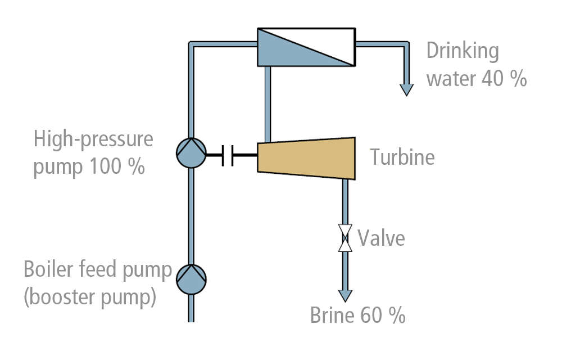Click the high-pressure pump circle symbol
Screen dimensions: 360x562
pyautogui.click(x=191, y=153)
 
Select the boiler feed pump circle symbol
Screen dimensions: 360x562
pyautogui.click(x=191, y=278)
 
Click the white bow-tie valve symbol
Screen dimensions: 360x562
pyautogui.click(x=345, y=238)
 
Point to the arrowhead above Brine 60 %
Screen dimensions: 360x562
pyautogui.click(x=345, y=295)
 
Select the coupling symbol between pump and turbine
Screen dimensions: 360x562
pyautogui.click(x=228, y=154)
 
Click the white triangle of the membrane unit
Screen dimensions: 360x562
pyautogui.click(x=326, y=39)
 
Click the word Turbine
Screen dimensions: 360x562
pyautogui.click(x=402, y=157)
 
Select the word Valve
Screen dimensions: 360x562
pyautogui.click(x=381, y=238)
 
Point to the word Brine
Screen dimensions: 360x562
pyautogui.click(x=333, y=316)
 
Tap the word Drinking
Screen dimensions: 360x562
pyautogui.click(x=462, y=52)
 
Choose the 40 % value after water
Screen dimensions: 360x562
pyautogui.click(x=504, y=78)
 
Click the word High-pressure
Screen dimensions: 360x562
pyautogui.click(x=93, y=139)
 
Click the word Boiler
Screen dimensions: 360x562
pyautogui.click(x=52, y=270)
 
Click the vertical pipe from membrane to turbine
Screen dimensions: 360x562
pyautogui.click(x=268, y=104)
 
